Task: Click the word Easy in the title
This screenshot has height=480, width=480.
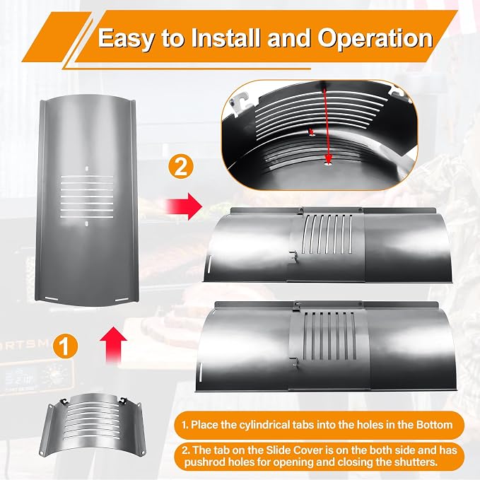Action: coord(126,39)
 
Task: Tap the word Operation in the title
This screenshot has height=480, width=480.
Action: coord(375,38)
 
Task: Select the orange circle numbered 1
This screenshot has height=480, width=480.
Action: coord(64,346)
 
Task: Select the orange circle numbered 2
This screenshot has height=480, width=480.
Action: coord(180,168)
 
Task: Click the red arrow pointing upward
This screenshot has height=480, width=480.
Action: coord(114,344)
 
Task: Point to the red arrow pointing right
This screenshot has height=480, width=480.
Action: coord(184,206)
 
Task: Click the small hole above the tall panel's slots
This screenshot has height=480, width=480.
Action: coord(87,168)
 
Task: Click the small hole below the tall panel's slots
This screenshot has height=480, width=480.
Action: coord(87,224)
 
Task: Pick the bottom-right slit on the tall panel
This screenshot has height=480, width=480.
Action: coord(122,299)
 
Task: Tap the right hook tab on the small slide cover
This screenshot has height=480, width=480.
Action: coord(123,399)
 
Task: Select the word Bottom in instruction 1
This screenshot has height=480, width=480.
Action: coord(434,425)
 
